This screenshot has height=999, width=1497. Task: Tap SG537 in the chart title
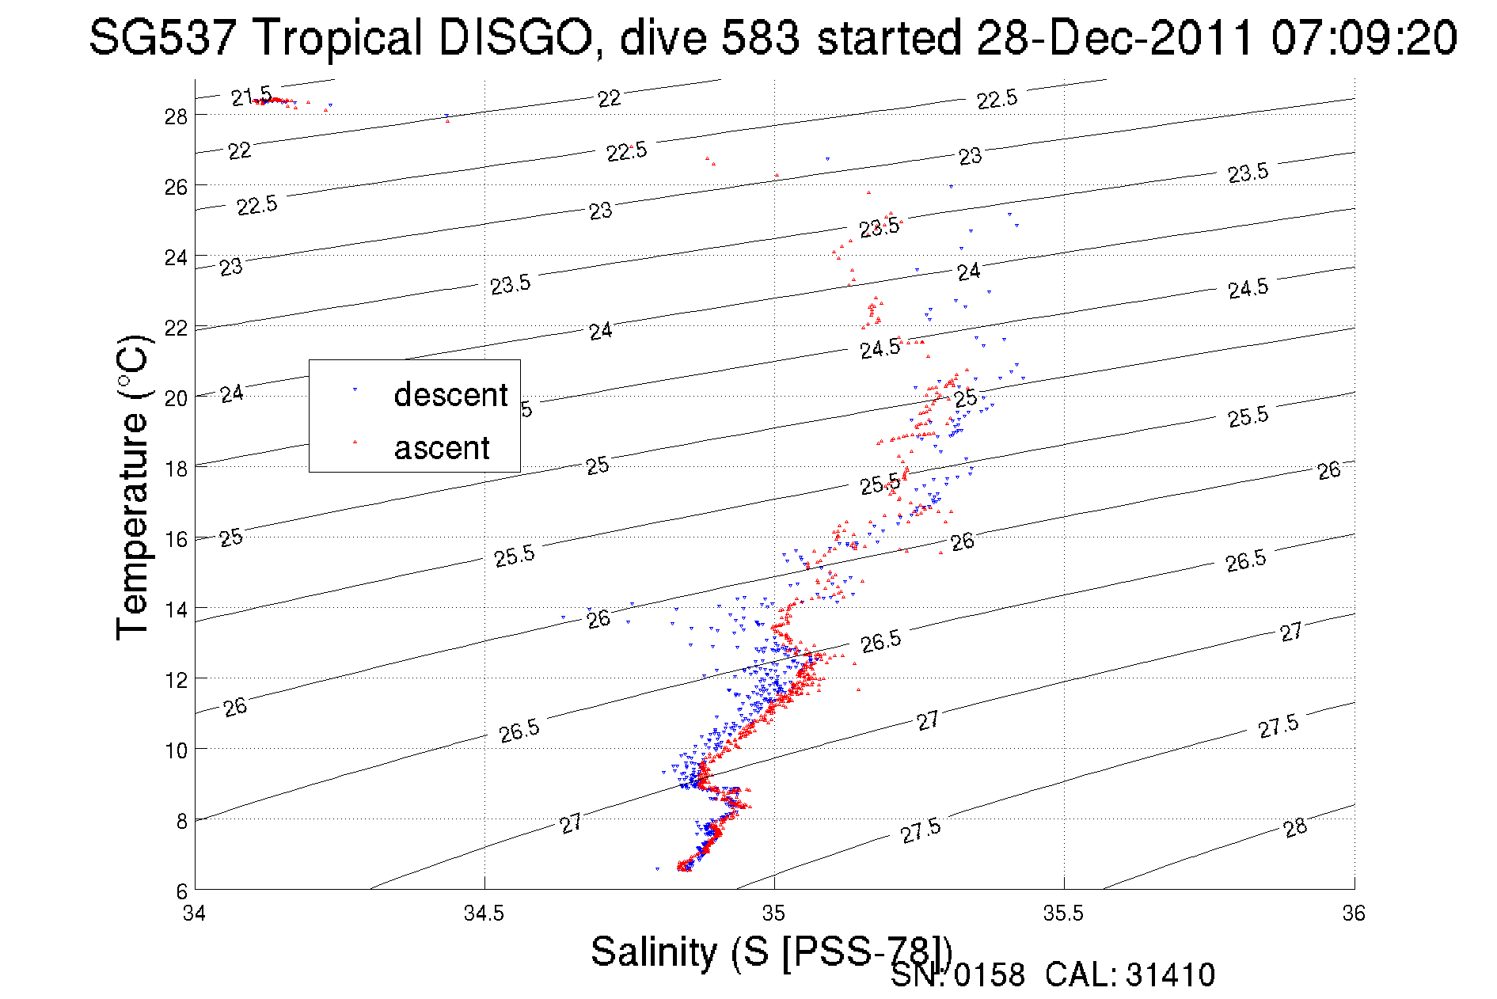161,38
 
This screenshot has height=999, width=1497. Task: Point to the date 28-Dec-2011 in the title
1115,38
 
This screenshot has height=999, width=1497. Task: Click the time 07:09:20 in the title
1364,38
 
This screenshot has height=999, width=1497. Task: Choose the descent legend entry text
450,394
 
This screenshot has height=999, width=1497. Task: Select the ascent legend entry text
442,448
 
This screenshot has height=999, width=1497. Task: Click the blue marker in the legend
355,390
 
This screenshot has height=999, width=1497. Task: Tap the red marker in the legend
355,443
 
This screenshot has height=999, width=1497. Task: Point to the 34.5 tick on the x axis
484,914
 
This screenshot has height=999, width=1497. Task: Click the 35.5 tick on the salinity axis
1063,914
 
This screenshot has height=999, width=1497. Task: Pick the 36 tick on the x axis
1354,914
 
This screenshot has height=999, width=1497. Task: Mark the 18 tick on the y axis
176,469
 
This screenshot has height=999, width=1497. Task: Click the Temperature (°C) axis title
132,486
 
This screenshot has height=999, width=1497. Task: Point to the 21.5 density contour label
251,97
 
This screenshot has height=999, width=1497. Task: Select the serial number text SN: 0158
957,975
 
